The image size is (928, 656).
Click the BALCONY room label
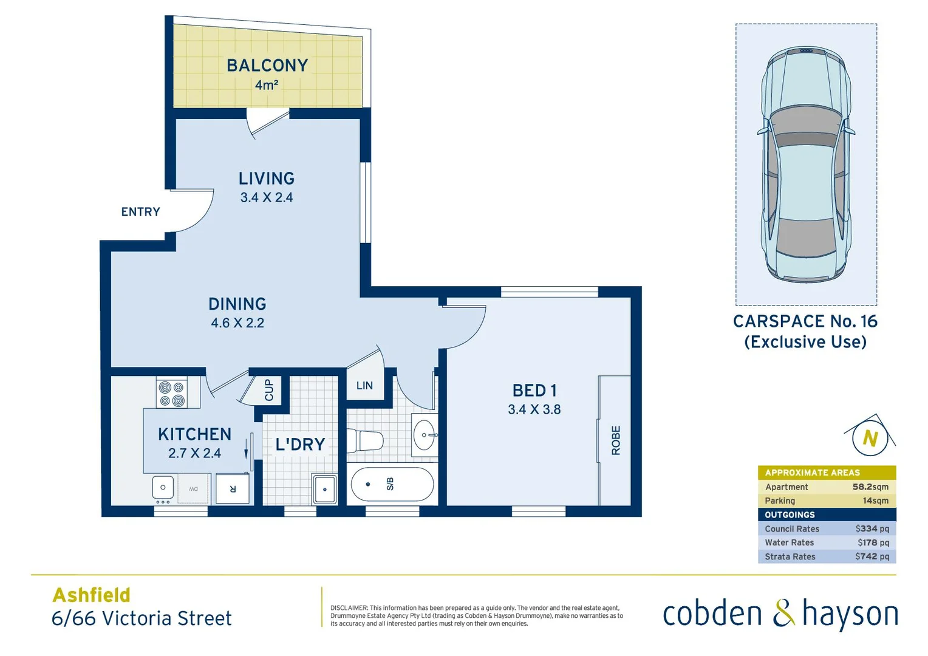[x=267, y=66]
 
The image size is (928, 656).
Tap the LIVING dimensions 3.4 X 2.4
[x=267, y=197]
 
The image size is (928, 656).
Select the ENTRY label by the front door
[x=140, y=212]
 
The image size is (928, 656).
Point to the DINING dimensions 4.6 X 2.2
[x=237, y=323]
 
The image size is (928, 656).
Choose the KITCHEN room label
[x=194, y=434]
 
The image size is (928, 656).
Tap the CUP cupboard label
[x=269, y=390]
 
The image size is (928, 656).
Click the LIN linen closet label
[x=364, y=386]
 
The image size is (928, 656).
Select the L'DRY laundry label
[x=300, y=445]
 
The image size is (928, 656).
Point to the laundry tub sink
[x=325, y=489]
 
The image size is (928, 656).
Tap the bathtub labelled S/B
[x=392, y=484]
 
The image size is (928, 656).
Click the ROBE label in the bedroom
[x=616, y=440]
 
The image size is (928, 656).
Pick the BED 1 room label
[x=534, y=391]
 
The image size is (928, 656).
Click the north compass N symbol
[x=870, y=438]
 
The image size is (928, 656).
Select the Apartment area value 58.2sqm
[x=870, y=487]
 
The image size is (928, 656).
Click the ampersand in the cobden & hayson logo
[x=783, y=613]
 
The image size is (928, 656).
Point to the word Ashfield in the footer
[x=92, y=595]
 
